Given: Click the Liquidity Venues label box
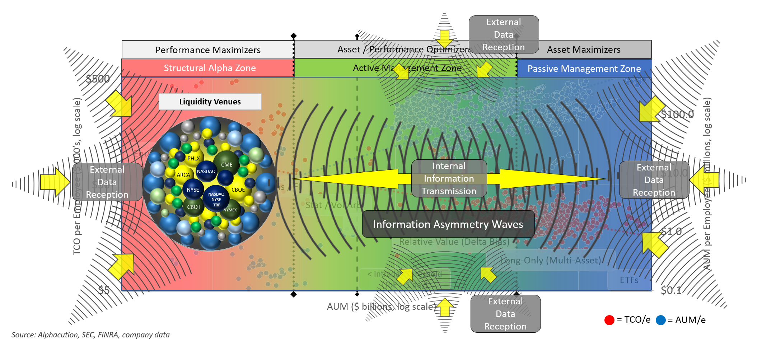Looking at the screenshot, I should [210, 102].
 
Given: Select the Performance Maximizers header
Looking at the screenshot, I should [208, 50].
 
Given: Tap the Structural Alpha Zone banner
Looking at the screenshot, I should [210, 68].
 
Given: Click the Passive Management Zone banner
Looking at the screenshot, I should [584, 69].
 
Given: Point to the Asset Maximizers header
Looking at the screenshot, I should [584, 50].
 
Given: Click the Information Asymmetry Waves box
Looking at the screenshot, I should [448, 224].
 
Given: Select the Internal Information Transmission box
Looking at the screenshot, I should [449, 178].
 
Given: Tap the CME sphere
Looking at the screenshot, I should [226, 164].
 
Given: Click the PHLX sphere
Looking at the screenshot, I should [193, 158].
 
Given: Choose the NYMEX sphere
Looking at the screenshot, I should [230, 210].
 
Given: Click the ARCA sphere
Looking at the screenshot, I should [183, 175].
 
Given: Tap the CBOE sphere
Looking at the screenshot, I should [238, 190].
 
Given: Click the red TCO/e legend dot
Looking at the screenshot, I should [609, 320].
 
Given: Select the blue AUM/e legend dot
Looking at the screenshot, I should [660, 320].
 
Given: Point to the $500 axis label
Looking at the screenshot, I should [98, 79].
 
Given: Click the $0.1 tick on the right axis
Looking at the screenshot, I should [671, 290].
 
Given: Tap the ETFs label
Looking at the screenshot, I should [629, 280].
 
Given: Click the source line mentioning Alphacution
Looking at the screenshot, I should [90, 335].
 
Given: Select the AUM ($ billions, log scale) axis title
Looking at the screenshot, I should [381, 307].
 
